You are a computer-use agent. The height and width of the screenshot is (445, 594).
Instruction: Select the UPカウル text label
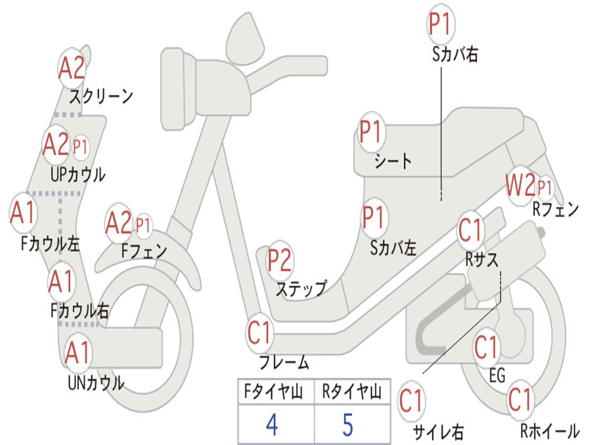tap(78, 174)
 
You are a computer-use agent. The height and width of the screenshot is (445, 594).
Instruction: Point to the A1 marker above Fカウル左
tap(23, 213)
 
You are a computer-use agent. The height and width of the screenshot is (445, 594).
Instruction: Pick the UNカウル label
tap(96, 382)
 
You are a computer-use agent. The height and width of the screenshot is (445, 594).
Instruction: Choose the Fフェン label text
tap(144, 251)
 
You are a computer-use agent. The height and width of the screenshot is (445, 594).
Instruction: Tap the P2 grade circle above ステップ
tap(280, 261)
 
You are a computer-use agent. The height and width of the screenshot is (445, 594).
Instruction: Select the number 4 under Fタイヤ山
tap(272, 425)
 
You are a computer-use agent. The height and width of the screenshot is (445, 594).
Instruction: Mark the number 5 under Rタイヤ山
tap(347, 425)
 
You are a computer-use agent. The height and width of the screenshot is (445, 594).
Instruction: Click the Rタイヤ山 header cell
tap(352, 393)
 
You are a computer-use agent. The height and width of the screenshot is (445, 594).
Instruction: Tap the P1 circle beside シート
tap(371, 132)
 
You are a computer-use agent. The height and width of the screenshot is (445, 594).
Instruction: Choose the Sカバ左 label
tap(393, 248)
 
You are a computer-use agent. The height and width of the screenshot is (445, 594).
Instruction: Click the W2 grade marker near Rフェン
tap(520, 186)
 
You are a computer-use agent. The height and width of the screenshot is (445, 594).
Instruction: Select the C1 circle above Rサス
tap(470, 230)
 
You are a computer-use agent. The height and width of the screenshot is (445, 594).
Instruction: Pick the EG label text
tap(497, 375)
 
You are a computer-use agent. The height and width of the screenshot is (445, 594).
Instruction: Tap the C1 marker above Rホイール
tap(520, 400)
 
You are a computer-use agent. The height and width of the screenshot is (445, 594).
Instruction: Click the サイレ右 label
tap(438, 432)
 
